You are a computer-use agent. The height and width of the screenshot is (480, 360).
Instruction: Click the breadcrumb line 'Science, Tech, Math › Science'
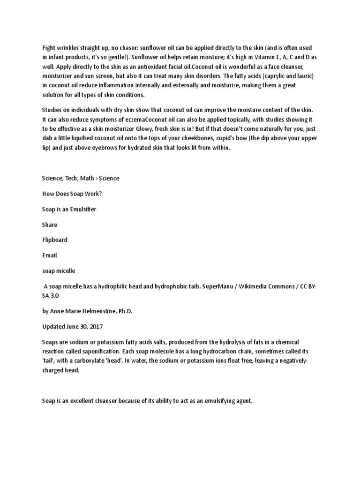coord(80,179)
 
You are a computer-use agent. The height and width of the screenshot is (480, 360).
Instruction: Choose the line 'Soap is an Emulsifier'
coord(69,209)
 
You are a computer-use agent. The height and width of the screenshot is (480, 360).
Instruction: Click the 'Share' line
coord(50,225)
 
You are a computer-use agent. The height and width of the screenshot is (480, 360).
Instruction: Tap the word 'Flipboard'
coord(54,240)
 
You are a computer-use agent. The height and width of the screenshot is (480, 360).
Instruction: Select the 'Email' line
coord(49,255)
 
